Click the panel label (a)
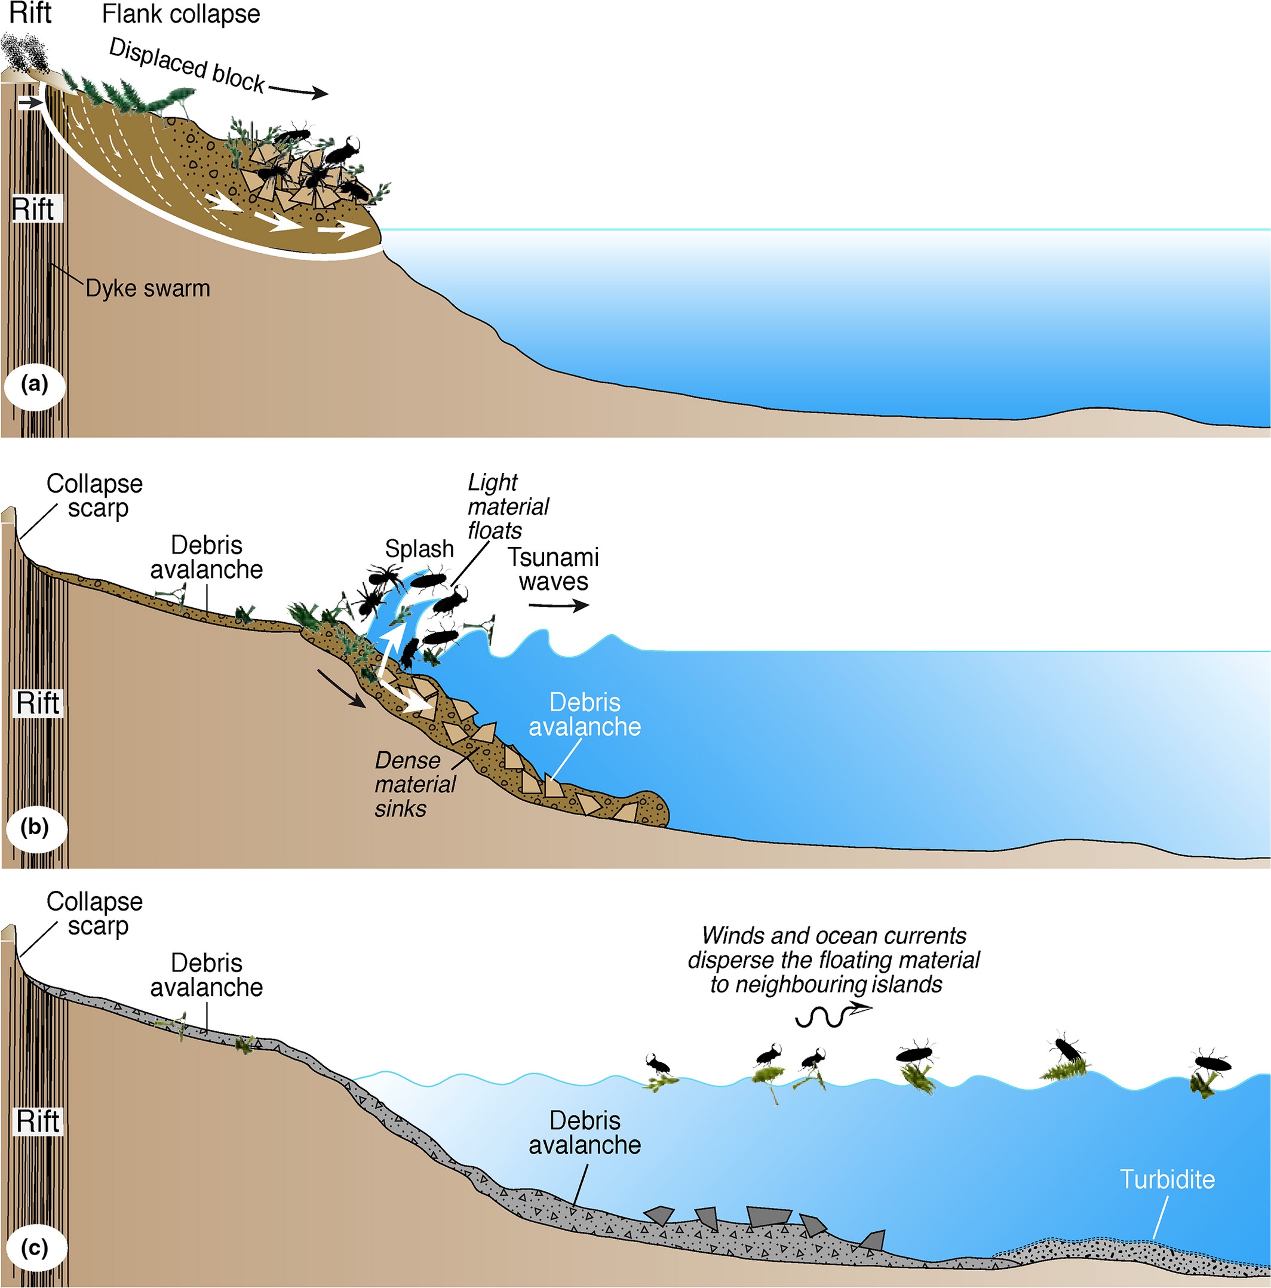click(35, 385)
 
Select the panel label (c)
click(35, 1247)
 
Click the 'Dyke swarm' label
click(148, 288)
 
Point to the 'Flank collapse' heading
click(181, 14)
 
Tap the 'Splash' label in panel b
click(419, 549)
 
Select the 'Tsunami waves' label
click(553, 568)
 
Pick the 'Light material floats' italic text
click(507, 507)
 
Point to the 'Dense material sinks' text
click(414, 785)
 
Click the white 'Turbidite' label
click(1167, 1179)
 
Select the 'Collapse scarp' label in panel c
click(95, 914)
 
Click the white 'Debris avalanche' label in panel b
click(584, 714)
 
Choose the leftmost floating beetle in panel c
click(656, 1063)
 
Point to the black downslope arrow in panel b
click(341, 688)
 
